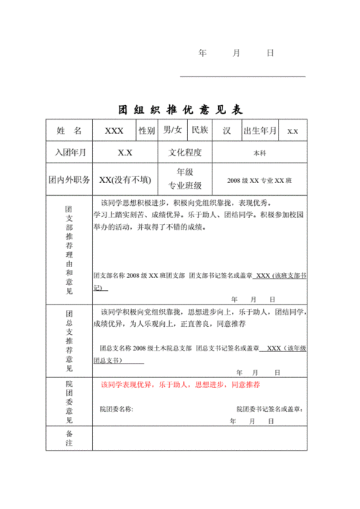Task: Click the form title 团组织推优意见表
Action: pyautogui.click(x=181, y=109)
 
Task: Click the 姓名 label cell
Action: pyautogui.click(x=69, y=131)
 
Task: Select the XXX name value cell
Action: pyautogui.click(x=114, y=131)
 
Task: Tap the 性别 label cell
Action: pyautogui.click(x=147, y=131)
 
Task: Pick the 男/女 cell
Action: pyautogui.click(x=173, y=130)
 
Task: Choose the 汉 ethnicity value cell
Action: pyautogui.click(x=226, y=131)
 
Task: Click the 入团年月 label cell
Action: pyautogui.click(x=69, y=153)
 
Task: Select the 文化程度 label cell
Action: pyautogui.click(x=185, y=153)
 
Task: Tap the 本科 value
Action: pyautogui.click(x=259, y=153)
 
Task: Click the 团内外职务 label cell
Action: pyautogui.click(x=69, y=179)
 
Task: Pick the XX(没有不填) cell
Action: pyautogui.click(x=125, y=179)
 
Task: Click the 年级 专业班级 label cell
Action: pyautogui.click(x=185, y=179)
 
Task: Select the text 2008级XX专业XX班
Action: pyautogui.click(x=259, y=180)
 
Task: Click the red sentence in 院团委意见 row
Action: pyautogui.click(x=180, y=385)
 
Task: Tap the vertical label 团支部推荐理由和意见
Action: pyautogui.click(x=69, y=249)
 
